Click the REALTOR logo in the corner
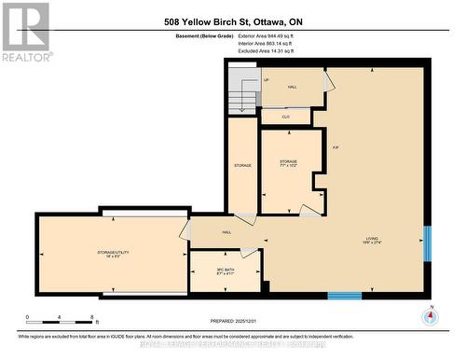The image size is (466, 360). (x=25, y=32)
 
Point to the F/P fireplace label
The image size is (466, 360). (x=335, y=147)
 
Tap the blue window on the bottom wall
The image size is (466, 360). (x=344, y=296)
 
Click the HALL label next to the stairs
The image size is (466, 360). (x=292, y=86)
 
